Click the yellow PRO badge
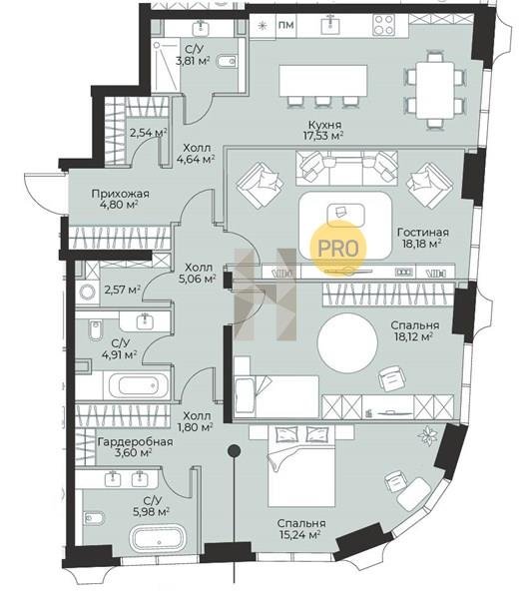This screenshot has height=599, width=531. pos(337,248)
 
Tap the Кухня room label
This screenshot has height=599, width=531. pos(324,125)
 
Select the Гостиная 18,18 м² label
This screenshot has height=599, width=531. pos(423,238)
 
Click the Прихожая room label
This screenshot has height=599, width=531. pos(120,194)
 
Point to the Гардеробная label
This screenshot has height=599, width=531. pos(135,442)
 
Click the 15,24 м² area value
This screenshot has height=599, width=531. pos(301,534)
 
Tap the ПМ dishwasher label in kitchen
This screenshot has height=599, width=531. pos(286,25)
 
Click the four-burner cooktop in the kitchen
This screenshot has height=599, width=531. pos(384,24)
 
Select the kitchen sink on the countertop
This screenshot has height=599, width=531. pos(331,24)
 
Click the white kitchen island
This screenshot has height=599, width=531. pos(323,80)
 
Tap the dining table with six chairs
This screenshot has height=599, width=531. pos(435,91)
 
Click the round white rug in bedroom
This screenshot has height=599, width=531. pos(347,343)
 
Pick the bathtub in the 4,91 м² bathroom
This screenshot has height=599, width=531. pos(139,385)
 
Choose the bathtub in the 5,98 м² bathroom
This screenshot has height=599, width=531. pos(158,539)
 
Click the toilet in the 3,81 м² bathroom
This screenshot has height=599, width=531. pos(228,61)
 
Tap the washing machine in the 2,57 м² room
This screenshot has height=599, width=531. pos(87,293)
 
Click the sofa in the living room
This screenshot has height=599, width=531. pos(346,168)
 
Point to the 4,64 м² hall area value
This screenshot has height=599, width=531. pos(195,159)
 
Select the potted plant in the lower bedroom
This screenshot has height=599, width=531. pos(427,436)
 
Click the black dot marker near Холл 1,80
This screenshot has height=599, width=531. pos(234,451)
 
